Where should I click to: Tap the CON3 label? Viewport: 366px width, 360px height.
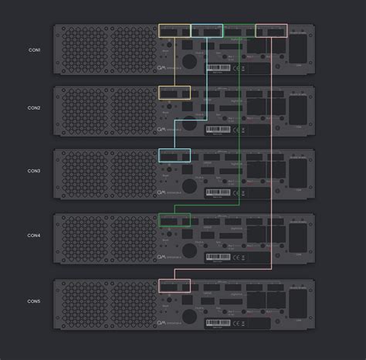click(34, 171)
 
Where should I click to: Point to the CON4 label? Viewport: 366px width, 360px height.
click(34, 235)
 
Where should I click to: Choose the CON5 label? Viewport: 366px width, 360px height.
click(34, 300)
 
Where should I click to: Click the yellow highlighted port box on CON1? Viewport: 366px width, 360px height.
click(174, 31)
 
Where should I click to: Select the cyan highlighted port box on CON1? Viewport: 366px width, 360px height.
click(206, 31)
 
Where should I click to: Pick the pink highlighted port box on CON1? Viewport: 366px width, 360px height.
click(271, 31)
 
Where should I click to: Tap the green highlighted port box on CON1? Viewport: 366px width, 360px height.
click(239, 31)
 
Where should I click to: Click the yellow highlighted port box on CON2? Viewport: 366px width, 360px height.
click(174, 93)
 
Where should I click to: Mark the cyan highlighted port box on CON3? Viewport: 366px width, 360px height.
click(174, 155)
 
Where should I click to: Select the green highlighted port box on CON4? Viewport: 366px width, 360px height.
click(174, 220)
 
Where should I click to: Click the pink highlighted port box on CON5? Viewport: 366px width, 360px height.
click(174, 285)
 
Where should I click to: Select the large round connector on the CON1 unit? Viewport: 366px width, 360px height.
click(188, 62)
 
